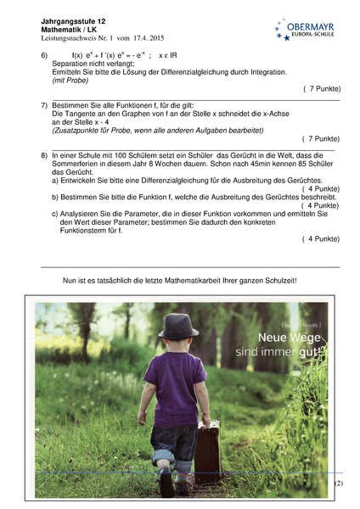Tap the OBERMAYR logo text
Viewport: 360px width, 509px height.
[x=311, y=26]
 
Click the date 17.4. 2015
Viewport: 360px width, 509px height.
[x=145, y=39]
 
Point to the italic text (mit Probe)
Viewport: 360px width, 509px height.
[x=76, y=80]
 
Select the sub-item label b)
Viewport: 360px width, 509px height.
[x=56, y=196]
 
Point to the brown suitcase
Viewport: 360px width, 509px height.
[x=208, y=450]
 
